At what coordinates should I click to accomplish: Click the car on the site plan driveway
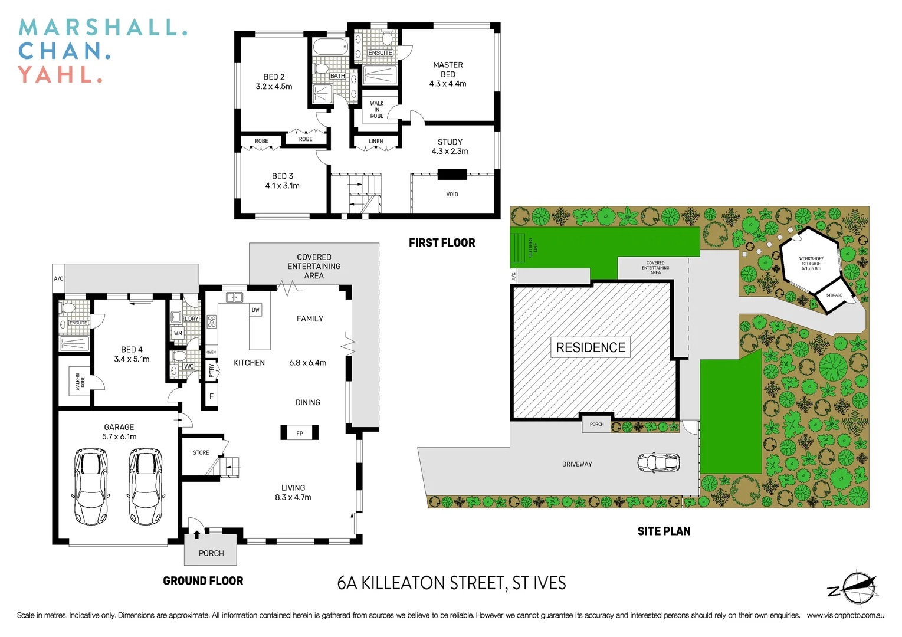[658, 462]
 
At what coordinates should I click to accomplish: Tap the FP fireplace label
[300, 434]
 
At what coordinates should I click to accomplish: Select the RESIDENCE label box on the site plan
[591, 347]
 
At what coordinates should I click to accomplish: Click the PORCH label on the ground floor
[211, 553]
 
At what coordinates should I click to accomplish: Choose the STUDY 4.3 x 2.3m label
[450, 146]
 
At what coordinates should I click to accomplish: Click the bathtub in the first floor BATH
[330, 47]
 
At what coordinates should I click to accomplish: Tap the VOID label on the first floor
[452, 194]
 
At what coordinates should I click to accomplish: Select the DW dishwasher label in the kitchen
[255, 310]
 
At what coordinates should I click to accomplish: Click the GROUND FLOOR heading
[203, 581]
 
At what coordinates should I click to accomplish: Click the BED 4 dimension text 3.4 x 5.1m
[132, 359]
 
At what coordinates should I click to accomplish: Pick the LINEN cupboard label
[376, 142]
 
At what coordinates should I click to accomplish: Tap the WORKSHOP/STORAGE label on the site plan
[811, 263]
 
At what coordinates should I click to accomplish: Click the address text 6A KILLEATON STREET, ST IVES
[451, 583]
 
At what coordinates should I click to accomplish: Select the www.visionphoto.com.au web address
[845, 615]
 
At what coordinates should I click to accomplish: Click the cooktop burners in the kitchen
[211, 321]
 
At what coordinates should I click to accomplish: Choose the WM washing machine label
[178, 333]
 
